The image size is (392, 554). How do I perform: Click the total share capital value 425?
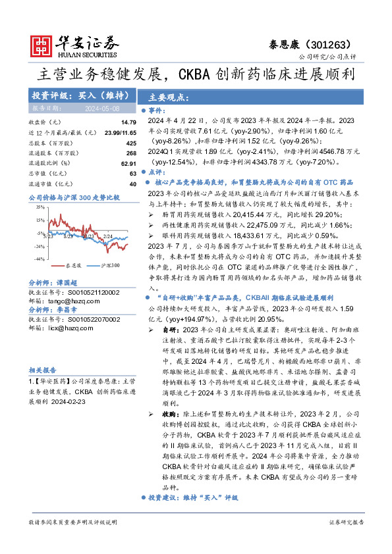click(130, 142)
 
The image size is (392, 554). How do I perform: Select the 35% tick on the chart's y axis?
click(40, 207)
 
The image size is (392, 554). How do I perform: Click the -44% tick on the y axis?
click(40, 259)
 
